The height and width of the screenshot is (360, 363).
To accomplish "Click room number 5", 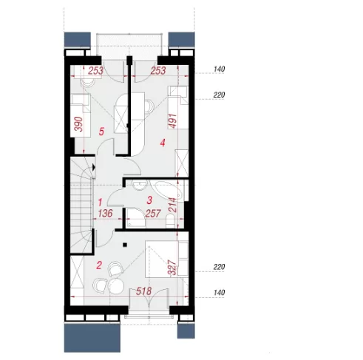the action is click(x=101, y=132).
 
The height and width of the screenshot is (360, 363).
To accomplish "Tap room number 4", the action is click(x=163, y=143).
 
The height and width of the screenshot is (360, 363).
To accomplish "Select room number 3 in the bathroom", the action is click(x=149, y=200).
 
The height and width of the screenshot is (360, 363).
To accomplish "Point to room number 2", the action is click(x=99, y=265).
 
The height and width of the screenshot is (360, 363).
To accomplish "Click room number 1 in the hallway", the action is click(x=100, y=203).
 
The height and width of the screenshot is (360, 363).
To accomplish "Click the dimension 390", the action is click(x=79, y=124).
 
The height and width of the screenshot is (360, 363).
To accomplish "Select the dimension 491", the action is click(x=172, y=120).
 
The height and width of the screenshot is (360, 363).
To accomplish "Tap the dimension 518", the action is click(x=144, y=291).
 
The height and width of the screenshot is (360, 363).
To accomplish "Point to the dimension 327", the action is click(x=172, y=268).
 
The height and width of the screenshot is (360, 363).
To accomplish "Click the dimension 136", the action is click(x=106, y=214).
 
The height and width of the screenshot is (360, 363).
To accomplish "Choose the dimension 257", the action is click(x=153, y=214).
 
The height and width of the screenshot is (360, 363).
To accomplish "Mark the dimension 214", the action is click(x=173, y=205).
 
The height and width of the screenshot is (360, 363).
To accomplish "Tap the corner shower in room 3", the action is click(x=136, y=218).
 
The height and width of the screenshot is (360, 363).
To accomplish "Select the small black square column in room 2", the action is click(x=125, y=245).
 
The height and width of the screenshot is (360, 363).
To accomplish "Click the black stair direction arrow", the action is click(x=94, y=167).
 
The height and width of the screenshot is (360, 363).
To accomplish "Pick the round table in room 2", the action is click(x=116, y=285).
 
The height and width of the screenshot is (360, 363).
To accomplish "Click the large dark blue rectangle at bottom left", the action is click(x=92, y=338).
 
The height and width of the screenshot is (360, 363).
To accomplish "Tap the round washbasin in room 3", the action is click(x=140, y=185).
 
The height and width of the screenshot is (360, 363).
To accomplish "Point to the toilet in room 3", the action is click(x=170, y=221).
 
